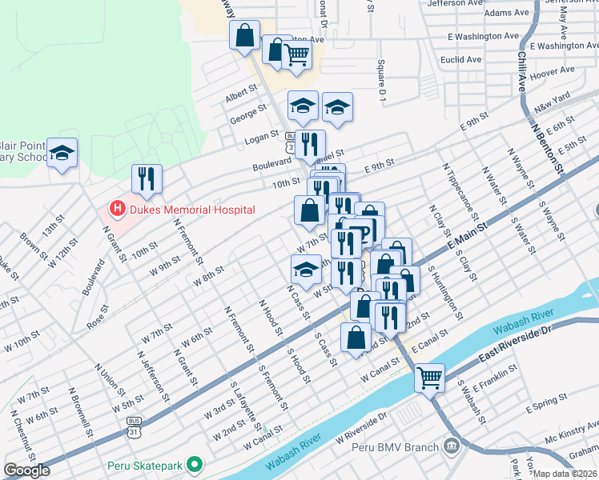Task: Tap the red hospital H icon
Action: pos(118,210)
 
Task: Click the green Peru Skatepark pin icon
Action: pos(193,464)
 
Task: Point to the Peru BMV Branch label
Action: pos(396,447)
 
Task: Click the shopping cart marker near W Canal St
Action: pos(430,376)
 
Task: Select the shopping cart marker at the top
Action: pos(296,54)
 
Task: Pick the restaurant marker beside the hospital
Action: pos(147,179)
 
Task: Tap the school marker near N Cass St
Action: pos(304,270)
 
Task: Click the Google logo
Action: pos(26,470)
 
